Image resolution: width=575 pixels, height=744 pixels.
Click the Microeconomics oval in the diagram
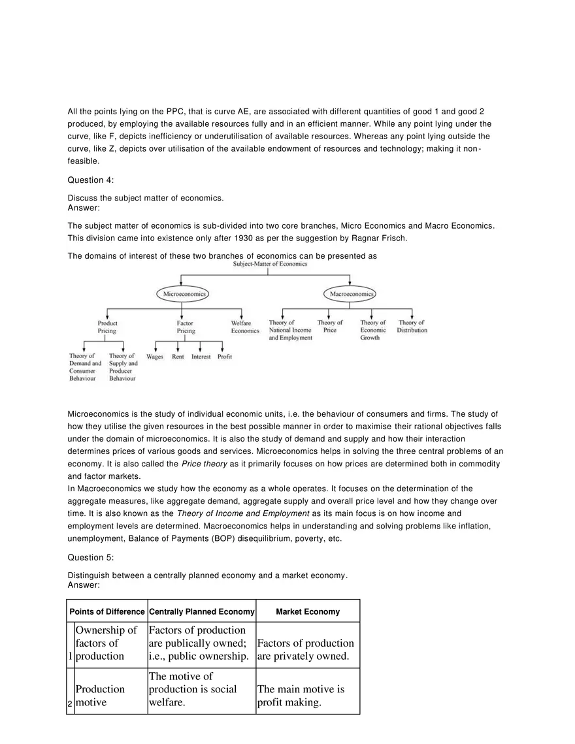[x=182, y=295]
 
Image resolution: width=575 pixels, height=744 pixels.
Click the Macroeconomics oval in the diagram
[x=352, y=295]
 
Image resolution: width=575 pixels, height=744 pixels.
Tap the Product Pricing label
[x=107, y=327]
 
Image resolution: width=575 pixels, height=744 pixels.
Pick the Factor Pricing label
[x=186, y=327]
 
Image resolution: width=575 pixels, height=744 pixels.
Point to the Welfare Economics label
[x=245, y=327]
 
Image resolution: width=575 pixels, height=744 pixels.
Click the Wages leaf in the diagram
[x=155, y=357]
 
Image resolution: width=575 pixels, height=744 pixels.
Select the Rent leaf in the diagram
[x=178, y=357]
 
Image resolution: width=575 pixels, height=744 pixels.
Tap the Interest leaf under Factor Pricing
[x=201, y=357]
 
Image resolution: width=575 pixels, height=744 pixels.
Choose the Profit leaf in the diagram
[x=225, y=357]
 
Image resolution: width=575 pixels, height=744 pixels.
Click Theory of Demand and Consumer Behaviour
[x=85, y=367]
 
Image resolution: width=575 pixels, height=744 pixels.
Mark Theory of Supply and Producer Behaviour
[x=123, y=367]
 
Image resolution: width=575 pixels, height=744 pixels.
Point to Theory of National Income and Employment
[x=290, y=330]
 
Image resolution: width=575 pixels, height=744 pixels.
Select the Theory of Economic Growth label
[x=373, y=330]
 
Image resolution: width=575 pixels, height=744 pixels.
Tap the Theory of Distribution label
[x=412, y=326]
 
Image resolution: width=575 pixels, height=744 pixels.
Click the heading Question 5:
[x=91, y=557]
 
